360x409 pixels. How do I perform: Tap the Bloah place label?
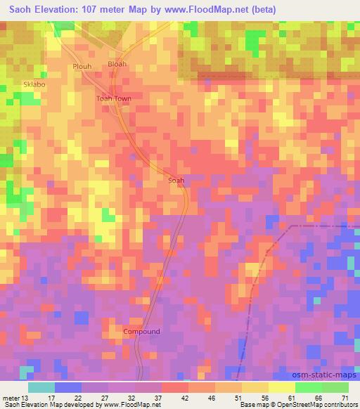[117, 64]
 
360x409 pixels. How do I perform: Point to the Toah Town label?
[114, 99]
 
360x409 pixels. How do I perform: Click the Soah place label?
[176, 181]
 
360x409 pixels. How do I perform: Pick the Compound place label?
[141, 331]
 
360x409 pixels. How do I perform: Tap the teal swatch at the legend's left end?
[41, 387]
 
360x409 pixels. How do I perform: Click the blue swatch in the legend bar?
[68, 387]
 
